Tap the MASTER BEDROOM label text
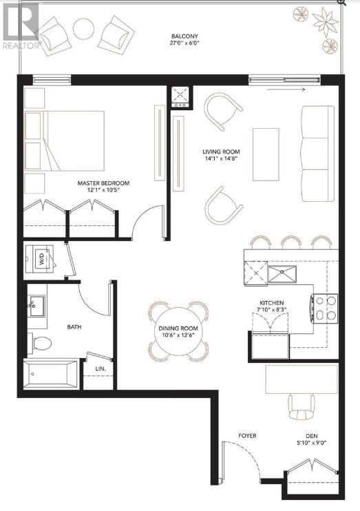point(103,183)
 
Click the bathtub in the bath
point(51,375)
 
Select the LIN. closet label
point(100,369)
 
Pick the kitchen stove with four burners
point(324,308)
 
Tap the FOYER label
point(247,435)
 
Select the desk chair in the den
point(303,406)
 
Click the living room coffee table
point(266,154)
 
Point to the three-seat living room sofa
point(317,154)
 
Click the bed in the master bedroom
point(65,140)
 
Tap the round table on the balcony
point(84,28)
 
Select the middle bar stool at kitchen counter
point(290,242)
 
